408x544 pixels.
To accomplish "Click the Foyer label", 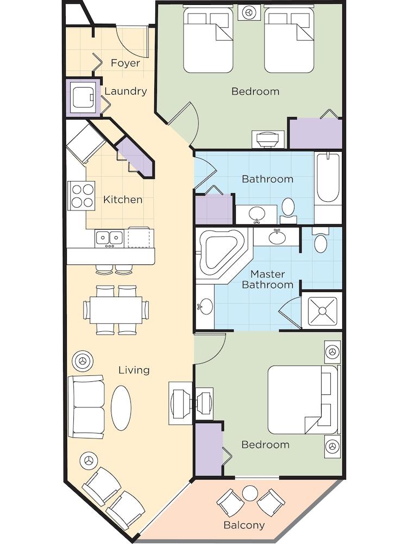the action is click(125, 63).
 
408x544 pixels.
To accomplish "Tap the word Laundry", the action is click(125, 91).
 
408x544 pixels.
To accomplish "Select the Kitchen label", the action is click(123, 200).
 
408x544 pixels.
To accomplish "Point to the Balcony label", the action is click(244, 525).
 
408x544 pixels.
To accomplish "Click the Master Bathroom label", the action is click(267, 279).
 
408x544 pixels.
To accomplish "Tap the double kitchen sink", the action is click(109, 238).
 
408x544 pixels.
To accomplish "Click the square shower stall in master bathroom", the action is click(322, 311).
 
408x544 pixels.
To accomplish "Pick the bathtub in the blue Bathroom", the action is click(328, 178).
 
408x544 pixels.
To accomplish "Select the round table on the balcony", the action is click(250, 493).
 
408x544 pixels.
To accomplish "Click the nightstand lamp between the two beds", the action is click(248, 12).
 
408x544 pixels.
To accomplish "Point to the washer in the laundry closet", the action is click(82, 98).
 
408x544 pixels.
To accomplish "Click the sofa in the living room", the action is click(86, 406).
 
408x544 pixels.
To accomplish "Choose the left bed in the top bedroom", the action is click(208, 39).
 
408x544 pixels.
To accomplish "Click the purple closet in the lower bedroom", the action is click(209, 449).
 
